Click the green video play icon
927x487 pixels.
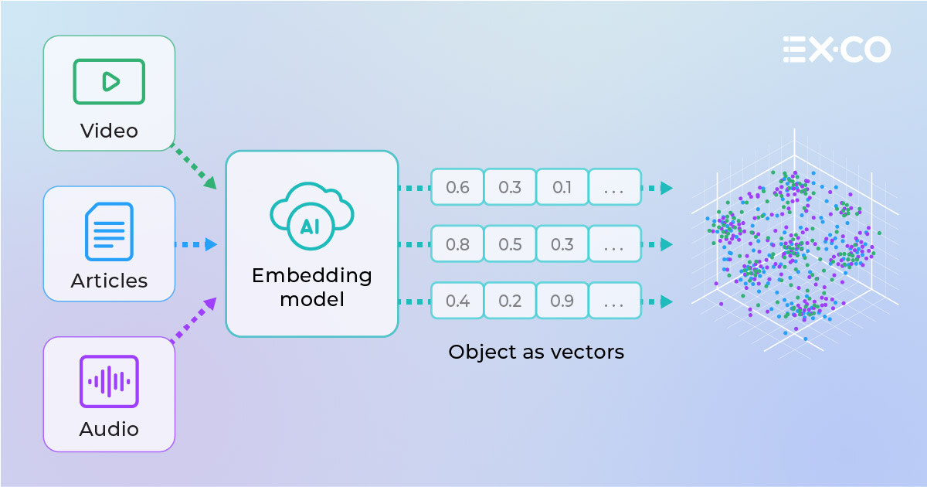[109, 81]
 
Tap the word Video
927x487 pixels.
[109, 131]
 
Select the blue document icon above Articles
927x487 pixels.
[109, 231]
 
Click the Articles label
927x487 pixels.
[109, 281]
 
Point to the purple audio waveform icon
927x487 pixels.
[109, 381]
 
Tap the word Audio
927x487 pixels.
[109, 429]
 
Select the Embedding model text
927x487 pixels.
[311, 287]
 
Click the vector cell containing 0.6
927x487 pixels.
[457, 188]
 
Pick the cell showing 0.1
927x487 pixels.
[562, 188]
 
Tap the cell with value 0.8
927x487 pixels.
[457, 244]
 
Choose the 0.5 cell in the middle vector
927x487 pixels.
[510, 244]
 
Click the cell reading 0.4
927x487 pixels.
[457, 301]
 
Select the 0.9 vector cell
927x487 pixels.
[562, 301]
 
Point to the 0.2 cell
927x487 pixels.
[510, 301]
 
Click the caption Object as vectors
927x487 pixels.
[535, 352]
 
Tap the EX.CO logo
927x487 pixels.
[837, 49]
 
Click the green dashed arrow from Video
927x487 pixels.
[193, 166]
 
